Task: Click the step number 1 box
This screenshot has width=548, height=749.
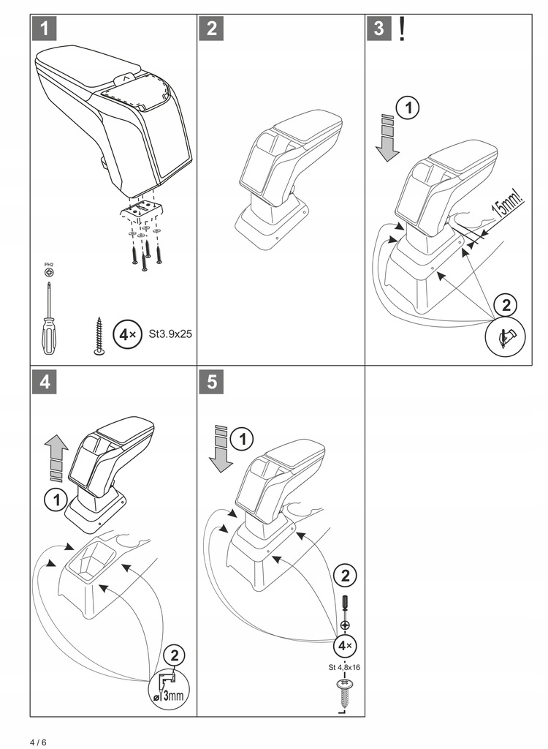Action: tap(45, 29)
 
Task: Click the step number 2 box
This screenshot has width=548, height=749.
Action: tap(211, 29)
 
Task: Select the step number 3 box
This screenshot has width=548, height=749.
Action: tap(379, 29)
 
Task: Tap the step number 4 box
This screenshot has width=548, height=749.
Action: tap(45, 382)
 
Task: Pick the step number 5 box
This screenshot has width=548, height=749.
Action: tap(211, 382)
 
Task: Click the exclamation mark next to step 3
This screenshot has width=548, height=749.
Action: tap(401, 29)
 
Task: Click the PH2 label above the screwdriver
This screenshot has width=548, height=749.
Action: tap(49, 264)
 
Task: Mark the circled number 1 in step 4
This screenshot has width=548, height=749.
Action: tap(56, 501)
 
